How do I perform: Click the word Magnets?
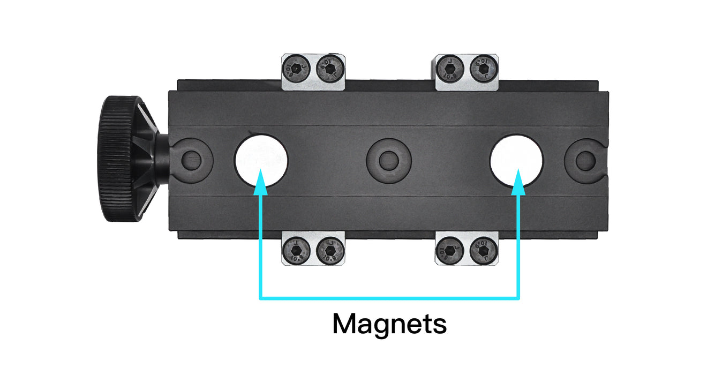pyautogui.click(x=389, y=324)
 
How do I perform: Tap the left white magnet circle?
pyautogui.click(x=261, y=159)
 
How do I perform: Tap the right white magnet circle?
pyautogui.click(x=517, y=159)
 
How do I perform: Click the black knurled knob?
pyautogui.click(x=117, y=159)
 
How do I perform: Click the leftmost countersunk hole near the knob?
pyautogui.click(x=192, y=159)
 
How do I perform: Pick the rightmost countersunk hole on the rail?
pyautogui.click(x=584, y=159)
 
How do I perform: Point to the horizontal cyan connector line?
pyautogui.click(x=389, y=297)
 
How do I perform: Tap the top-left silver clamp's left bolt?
pyautogui.click(x=295, y=67)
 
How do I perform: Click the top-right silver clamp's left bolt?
pyautogui.click(x=449, y=67)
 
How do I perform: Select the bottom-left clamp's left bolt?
pyautogui.click(x=295, y=250)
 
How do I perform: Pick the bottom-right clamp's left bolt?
pyautogui.click(x=449, y=250)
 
